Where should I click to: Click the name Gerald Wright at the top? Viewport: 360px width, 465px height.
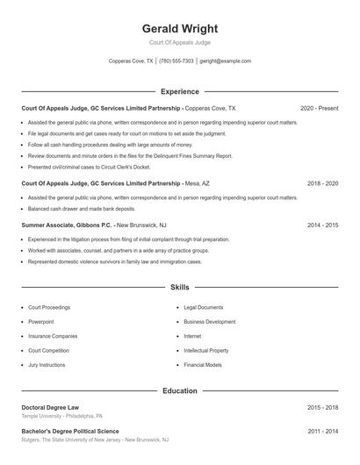pos(179,28)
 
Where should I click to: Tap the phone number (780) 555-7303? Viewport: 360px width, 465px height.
pos(176,61)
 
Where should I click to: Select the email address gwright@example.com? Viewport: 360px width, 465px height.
pos(226,61)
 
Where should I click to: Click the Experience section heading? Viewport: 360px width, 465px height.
pos(179,91)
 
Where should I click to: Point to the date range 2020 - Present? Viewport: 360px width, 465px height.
pos(319,108)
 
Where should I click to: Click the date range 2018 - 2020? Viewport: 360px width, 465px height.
pos(322,184)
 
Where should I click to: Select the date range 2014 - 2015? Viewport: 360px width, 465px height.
pos(322,225)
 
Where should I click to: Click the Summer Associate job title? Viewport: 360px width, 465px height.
pos(53,225)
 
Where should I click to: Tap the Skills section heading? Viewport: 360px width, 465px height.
pos(179,287)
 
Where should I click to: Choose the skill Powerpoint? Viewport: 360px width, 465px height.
pos(41,322)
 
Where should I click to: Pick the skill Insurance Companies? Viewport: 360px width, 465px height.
pos(53,336)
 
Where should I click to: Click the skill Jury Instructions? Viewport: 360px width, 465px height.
pos(47,364)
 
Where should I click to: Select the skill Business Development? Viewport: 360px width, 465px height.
pos(209,322)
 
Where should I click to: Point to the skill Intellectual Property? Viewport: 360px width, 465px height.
pos(206,350)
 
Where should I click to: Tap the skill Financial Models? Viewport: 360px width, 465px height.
pos(203,364)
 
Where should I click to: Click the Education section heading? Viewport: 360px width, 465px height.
pos(179,390)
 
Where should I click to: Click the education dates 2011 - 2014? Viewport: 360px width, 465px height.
pos(322,432)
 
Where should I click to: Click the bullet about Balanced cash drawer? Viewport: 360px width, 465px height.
pos(82,209)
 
